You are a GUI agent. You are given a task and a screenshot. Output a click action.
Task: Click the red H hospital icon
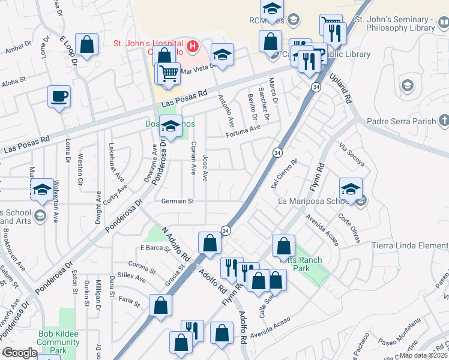point(192,46)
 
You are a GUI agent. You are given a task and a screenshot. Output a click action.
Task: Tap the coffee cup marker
point(59,97)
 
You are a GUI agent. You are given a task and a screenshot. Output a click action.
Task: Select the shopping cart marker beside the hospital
point(170,73)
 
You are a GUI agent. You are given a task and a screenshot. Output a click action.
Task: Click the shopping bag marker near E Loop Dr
point(88,44)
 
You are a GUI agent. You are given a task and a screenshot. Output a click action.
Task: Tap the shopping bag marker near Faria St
point(161,305)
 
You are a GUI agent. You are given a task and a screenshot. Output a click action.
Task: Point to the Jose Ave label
point(205,167)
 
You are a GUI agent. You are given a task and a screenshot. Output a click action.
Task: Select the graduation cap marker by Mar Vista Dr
point(222,56)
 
